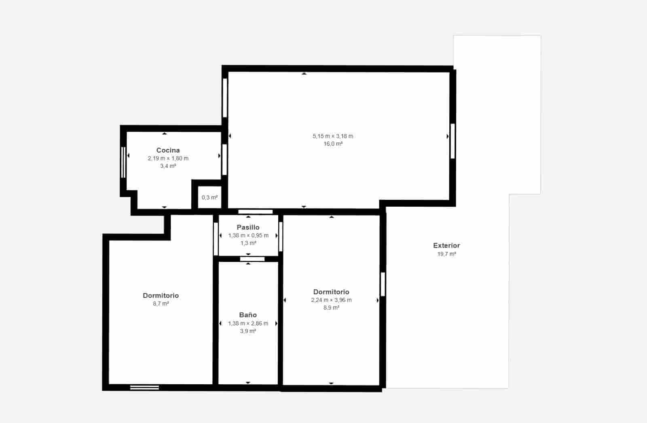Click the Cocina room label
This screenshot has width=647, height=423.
[x=168, y=150]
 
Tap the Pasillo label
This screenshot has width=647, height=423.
[x=248, y=227]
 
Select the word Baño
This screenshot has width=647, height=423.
[x=247, y=315]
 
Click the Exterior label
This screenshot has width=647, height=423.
[x=446, y=245]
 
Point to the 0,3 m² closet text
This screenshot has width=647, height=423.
[x=209, y=197]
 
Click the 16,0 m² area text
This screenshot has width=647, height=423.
[x=333, y=144]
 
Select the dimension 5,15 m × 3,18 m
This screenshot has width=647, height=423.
[x=333, y=136]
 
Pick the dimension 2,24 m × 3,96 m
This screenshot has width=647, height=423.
[x=331, y=300]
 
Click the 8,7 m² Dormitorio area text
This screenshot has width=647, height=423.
[x=161, y=304]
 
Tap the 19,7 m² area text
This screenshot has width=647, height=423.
[x=446, y=254]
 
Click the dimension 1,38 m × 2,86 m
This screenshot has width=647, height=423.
[x=248, y=323]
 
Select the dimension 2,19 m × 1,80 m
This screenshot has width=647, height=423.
[x=168, y=158]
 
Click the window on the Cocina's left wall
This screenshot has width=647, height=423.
[x=123, y=162]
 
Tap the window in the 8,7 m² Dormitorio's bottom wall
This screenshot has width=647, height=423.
[x=144, y=387]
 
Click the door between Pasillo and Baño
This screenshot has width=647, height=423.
[x=252, y=259]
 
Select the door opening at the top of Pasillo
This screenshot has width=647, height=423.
[x=255, y=211]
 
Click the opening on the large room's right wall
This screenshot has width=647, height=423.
[x=452, y=141]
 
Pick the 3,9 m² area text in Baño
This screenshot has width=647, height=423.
[x=248, y=331]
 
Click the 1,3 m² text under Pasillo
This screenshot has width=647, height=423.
[x=248, y=243]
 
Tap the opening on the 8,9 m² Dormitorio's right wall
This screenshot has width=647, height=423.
[x=383, y=284]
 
